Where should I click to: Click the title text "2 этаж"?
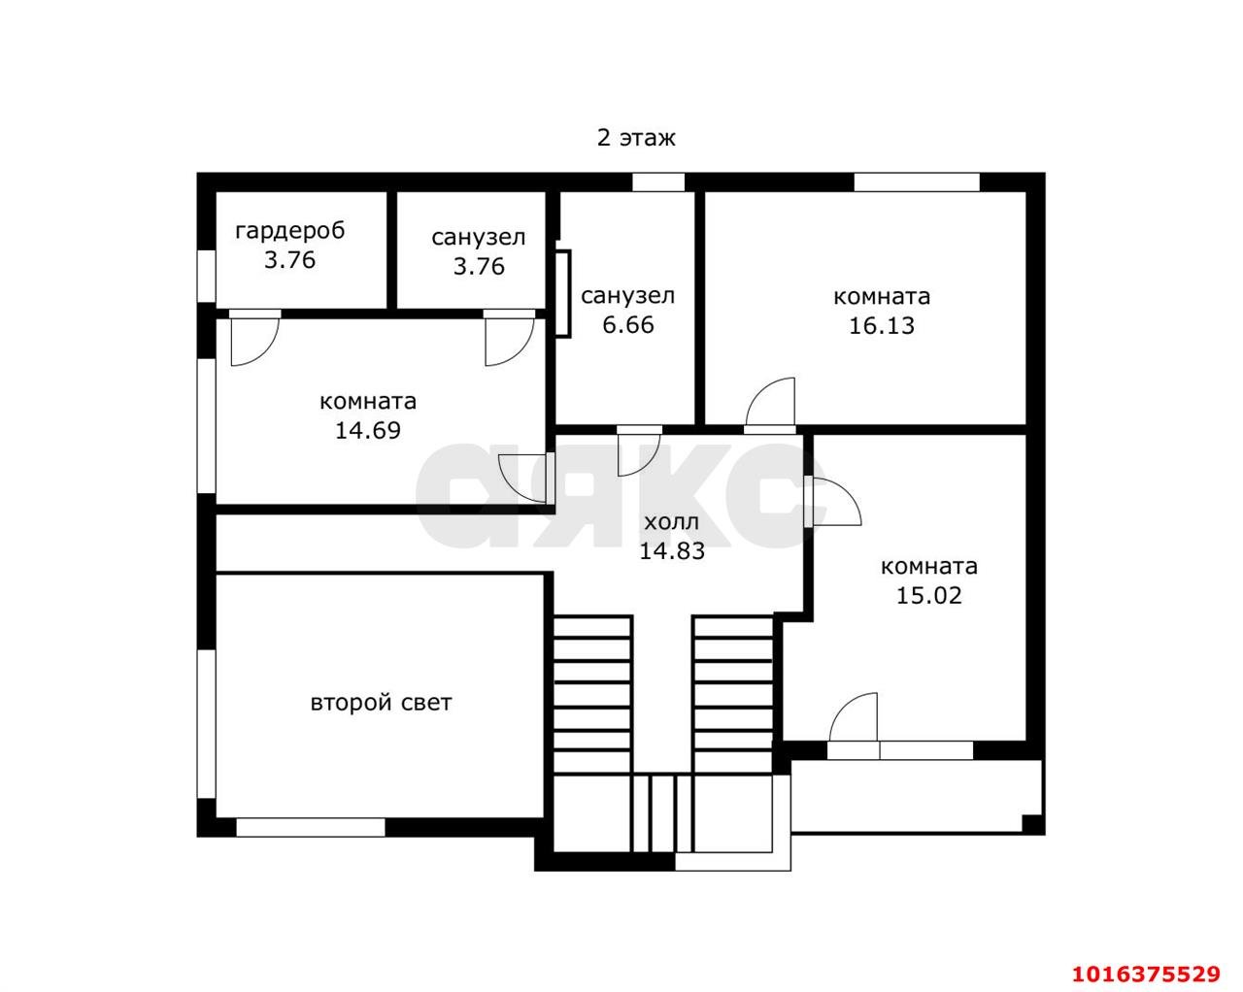coord(636,138)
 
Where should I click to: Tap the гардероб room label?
coord(290,231)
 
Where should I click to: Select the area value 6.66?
coord(628,325)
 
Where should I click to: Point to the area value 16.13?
coord(882,326)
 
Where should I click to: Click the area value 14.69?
coord(368,431)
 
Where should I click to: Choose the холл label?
coord(672,522)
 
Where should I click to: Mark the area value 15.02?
coord(928,595)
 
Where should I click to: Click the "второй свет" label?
coord(382,703)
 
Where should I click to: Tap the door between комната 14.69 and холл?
coord(526,479)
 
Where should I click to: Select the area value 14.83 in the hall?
coord(672,551)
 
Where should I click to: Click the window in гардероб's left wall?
coord(206,276)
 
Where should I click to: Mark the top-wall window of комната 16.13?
coord(917,182)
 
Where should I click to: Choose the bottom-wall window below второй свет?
coord(311,827)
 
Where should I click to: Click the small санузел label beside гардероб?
coord(478,237)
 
